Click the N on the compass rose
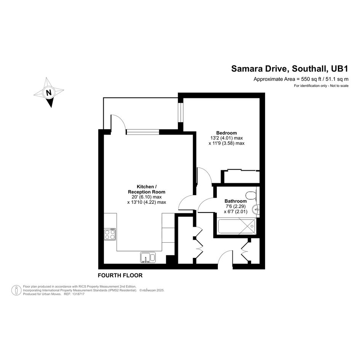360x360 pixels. click(x=49, y=93)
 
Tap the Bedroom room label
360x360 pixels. click(x=226, y=133)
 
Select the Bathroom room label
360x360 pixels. click(x=235, y=201)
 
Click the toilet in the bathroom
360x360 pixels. click(x=251, y=195)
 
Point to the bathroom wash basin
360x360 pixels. click(x=256, y=210)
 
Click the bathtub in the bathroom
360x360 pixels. click(x=237, y=227)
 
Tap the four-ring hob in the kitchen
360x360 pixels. click(x=110, y=234)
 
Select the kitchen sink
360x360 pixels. click(x=148, y=257)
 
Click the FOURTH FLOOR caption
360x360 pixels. click(x=120, y=275)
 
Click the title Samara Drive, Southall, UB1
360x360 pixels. click(x=290, y=69)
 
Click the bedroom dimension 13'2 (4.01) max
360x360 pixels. click(x=226, y=138)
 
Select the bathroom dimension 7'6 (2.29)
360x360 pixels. click(x=236, y=206)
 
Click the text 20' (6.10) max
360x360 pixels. click(x=147, y=197)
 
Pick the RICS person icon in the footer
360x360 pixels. click(x=16, y=290)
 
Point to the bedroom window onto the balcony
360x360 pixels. click(x=181, y=112)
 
